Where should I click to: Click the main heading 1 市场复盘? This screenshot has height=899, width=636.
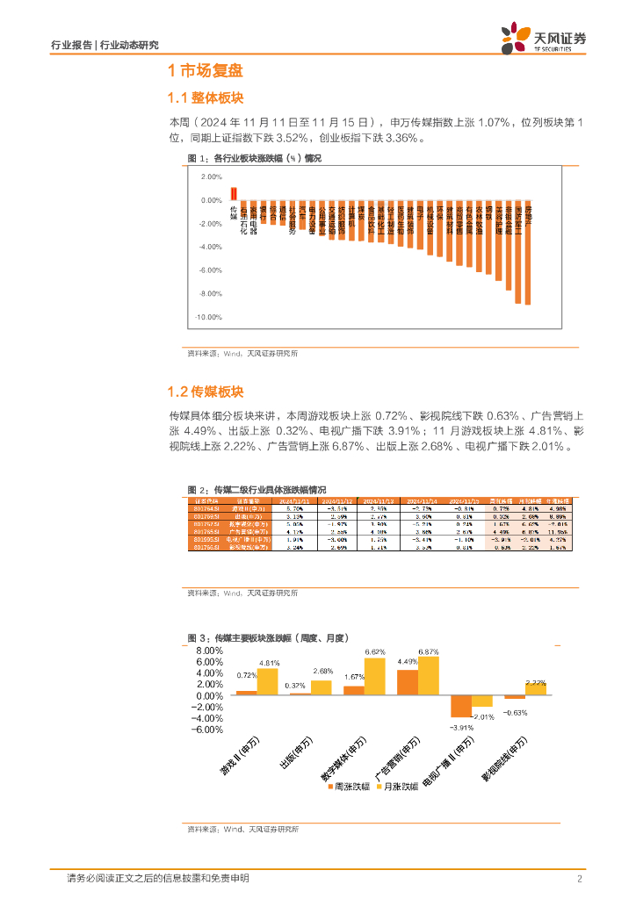coord(205,72)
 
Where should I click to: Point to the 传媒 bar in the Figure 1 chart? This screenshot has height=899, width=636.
coord(233,193)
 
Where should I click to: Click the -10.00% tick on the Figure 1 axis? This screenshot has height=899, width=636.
coord(207,318)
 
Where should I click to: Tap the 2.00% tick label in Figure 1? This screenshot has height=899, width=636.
coord(211,176)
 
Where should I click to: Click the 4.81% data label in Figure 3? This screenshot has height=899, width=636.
coord(268,663)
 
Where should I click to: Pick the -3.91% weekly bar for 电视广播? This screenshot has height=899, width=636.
coord(461,706)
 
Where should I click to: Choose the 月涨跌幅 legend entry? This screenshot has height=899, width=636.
coord(399,788)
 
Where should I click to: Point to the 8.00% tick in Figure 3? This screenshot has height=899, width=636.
coord(209,651)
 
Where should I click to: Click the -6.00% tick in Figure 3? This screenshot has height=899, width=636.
coord(207,729)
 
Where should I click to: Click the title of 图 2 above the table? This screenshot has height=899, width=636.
coord(257,489)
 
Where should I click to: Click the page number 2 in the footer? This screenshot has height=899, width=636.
coord(580,879)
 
